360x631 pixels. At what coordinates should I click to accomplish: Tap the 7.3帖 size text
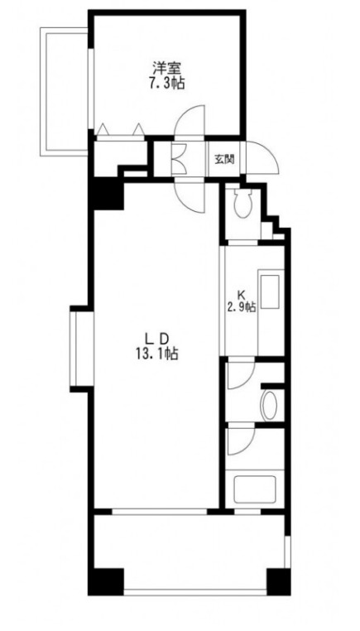[168, 84]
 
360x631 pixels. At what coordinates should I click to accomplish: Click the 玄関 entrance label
[223, 159]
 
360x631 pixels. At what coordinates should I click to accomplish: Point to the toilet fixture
[243, 202]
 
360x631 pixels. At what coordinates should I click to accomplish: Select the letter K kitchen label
[241, 293]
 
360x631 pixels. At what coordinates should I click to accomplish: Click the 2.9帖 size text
[241, 308]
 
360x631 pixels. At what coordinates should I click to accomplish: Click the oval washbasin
[269, 406]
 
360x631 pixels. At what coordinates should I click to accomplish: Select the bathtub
[255, 489]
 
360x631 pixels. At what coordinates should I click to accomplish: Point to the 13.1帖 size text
[157, 354]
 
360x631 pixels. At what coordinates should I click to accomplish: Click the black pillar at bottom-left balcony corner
[106, 581]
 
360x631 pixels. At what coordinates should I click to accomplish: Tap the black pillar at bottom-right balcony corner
[278, 581]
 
